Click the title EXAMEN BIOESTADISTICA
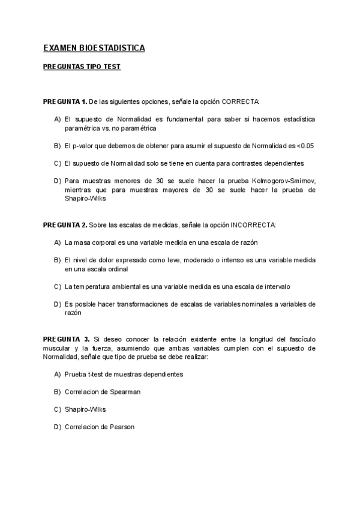coord(94,47)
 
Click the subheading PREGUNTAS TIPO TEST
coord(82,67)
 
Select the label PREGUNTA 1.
coord(65,101)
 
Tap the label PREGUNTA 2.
coord(65,224)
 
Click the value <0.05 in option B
coord(305,146)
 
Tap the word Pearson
coord(122,427)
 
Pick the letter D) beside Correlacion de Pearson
coord(58,427)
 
